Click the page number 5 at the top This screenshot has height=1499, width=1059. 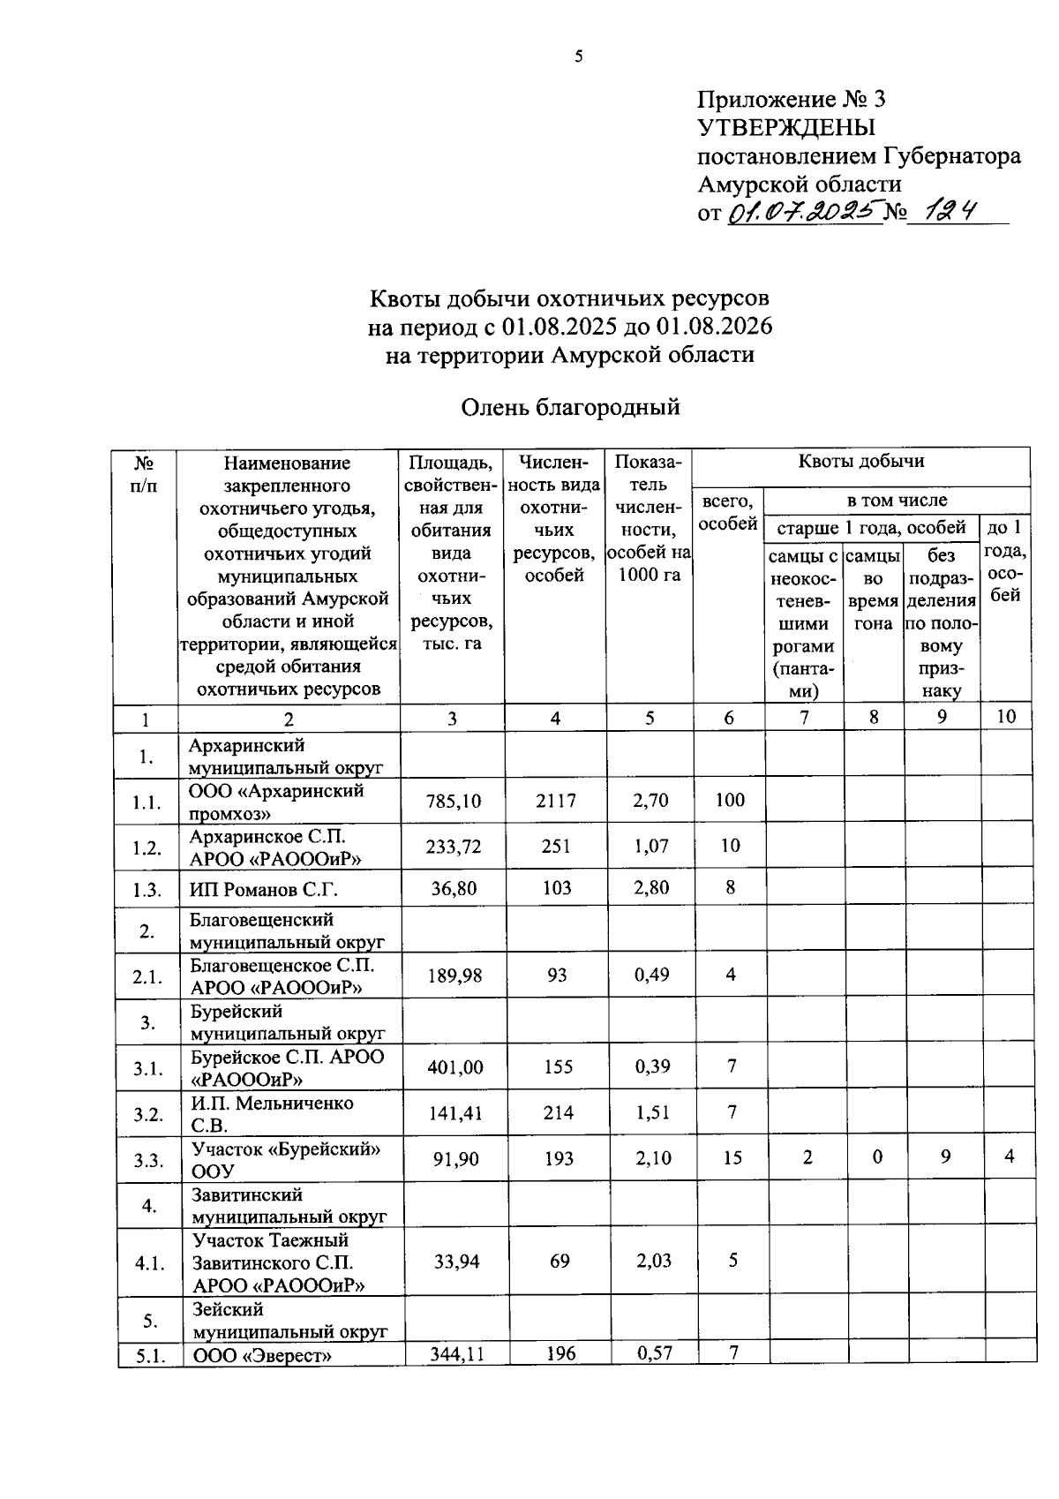click(579, 57)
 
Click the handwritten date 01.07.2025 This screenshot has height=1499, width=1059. click(804, 212)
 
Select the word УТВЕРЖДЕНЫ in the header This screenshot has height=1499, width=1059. click(786, 128)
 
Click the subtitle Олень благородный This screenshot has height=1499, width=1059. click(571, 407)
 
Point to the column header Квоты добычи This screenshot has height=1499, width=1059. click(860, 461)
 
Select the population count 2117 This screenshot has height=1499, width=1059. click(556, 801)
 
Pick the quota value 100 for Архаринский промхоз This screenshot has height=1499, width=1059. click(730, 800)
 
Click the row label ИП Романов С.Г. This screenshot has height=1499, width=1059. click(265, 889)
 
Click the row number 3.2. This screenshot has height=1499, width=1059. click(147, 1114)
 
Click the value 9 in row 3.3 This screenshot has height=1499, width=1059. click(945, 1156)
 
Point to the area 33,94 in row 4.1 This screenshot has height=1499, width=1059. click(456, 1262)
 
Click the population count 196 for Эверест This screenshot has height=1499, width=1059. click(560, 1352)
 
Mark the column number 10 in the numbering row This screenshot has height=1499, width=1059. click(1006, 716)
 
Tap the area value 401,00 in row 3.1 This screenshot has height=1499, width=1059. click(454, 1067)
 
